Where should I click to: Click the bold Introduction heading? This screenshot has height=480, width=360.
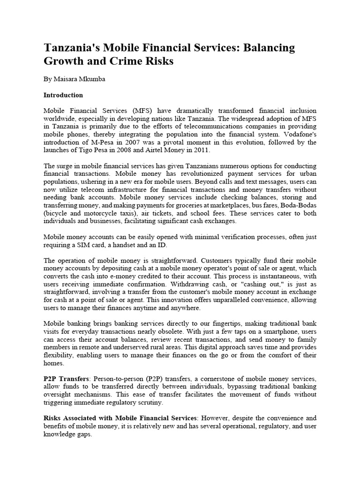[x=63, y=95]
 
